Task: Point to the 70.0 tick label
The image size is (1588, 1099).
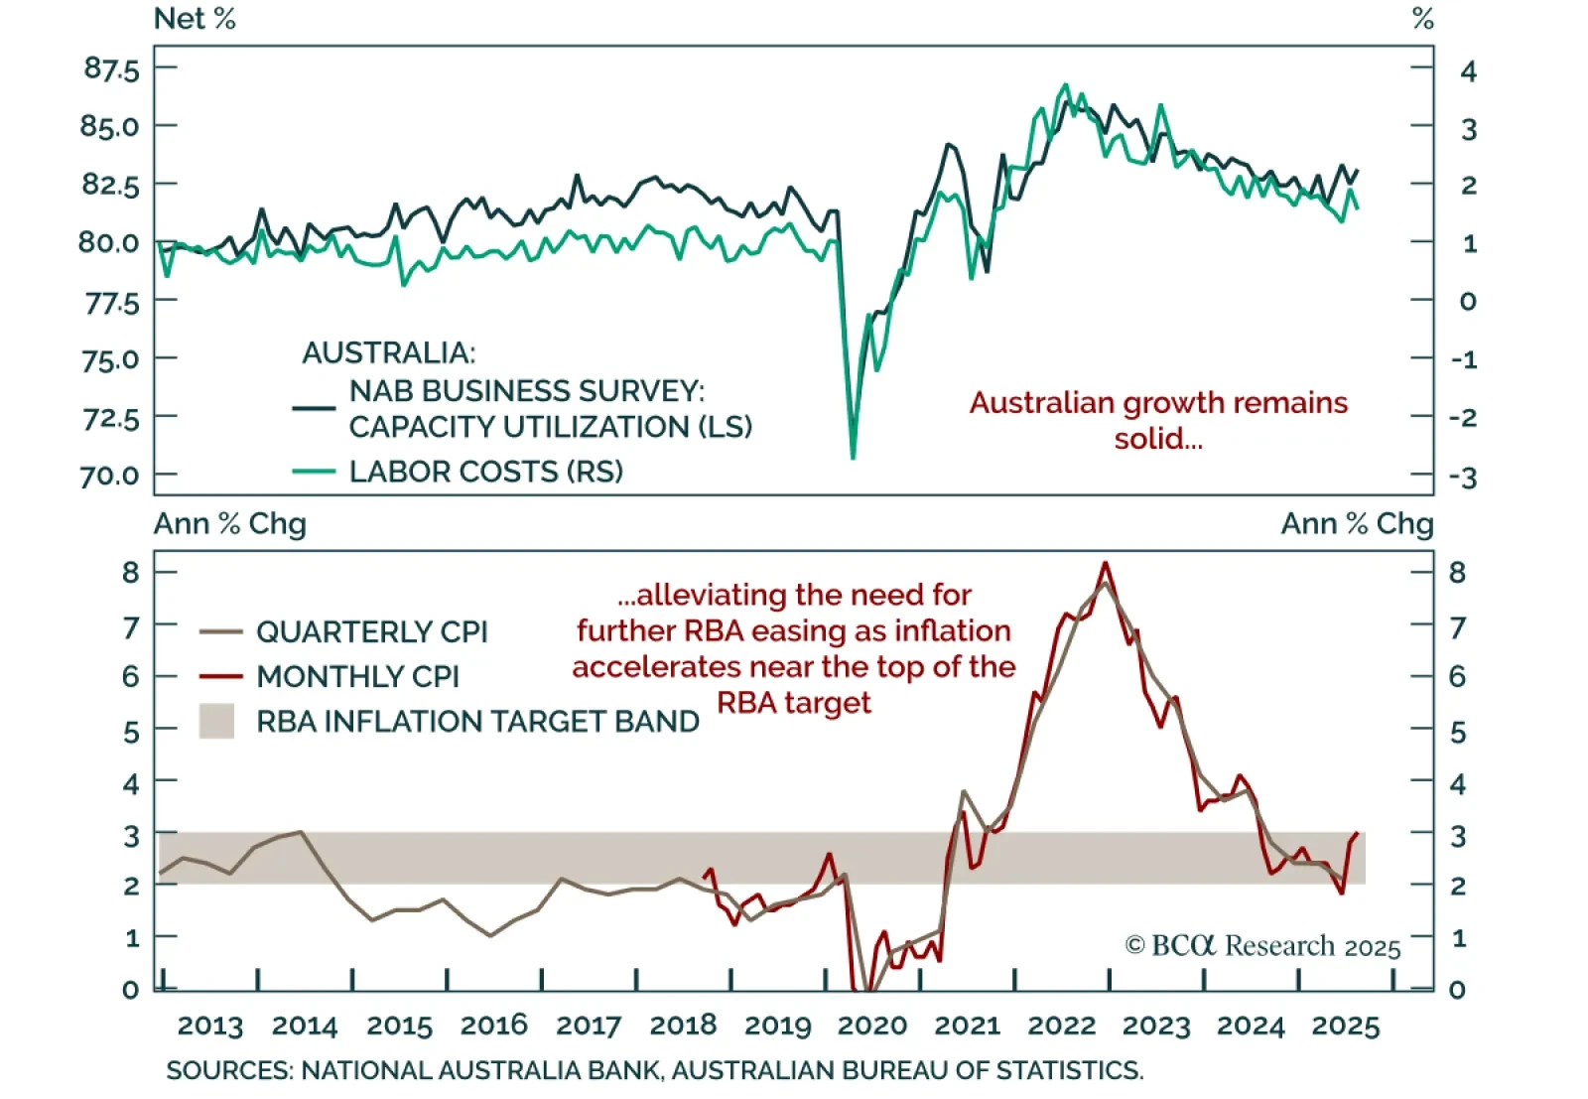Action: point(109,477)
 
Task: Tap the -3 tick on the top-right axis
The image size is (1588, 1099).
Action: point(1463,478)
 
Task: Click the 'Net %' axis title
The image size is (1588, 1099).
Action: point(195,19)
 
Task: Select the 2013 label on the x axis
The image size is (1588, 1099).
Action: point(209,1026)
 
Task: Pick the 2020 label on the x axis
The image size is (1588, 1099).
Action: point(872,1026)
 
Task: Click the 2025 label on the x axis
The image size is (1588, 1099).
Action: point(1345,1026)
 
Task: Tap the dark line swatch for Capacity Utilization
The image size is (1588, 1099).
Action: point(314,408)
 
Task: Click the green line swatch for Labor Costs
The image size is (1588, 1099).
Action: point(314,472)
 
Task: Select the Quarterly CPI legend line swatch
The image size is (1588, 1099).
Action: point(220,631)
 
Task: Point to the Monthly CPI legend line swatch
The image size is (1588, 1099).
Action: point(220,676)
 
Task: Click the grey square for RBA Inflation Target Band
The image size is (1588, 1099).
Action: point(216,721)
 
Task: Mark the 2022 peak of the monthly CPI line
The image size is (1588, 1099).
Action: point(1106,564)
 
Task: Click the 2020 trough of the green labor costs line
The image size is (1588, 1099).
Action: point(853,457)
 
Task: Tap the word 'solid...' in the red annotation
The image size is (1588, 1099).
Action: point(1157,439)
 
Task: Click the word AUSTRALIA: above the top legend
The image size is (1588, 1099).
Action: point(388,352)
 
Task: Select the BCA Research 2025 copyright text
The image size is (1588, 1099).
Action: point(1262,946)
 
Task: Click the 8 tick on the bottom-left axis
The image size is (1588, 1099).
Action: point(131,573)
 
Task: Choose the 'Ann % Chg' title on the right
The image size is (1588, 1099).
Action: point(1357,523)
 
